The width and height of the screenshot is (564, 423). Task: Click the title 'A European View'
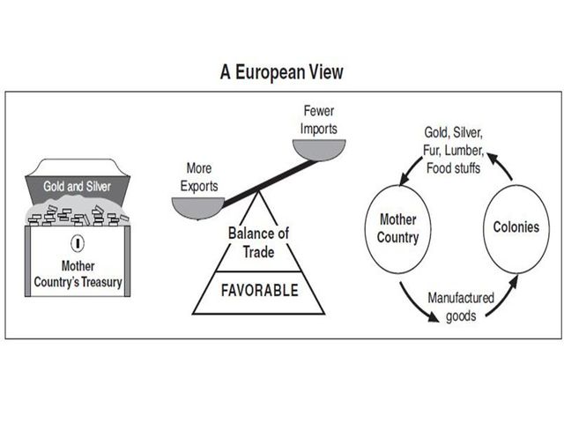[282, 72]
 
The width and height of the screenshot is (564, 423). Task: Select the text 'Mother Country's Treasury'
[77, 275]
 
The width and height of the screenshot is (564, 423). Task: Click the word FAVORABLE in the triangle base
[258, 290]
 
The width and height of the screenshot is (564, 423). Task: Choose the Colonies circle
[516, 226]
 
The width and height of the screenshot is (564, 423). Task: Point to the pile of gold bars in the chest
[77, 215]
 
